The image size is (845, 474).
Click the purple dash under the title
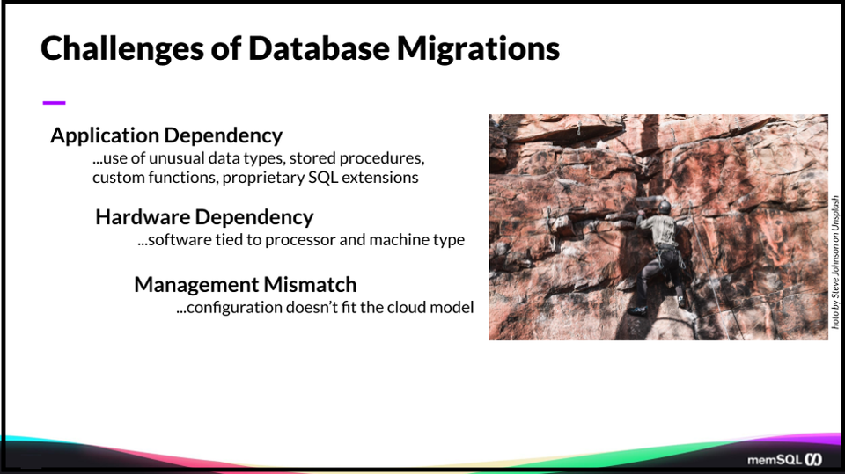coord(54,103)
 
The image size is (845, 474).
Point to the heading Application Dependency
coord(166,135)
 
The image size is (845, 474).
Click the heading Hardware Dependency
coord(204,216)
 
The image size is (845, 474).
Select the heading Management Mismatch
coord(246,285)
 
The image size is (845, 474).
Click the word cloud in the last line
coord(408,308)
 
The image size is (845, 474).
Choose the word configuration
coord(231,308)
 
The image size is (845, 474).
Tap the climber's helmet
coord(665,207)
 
